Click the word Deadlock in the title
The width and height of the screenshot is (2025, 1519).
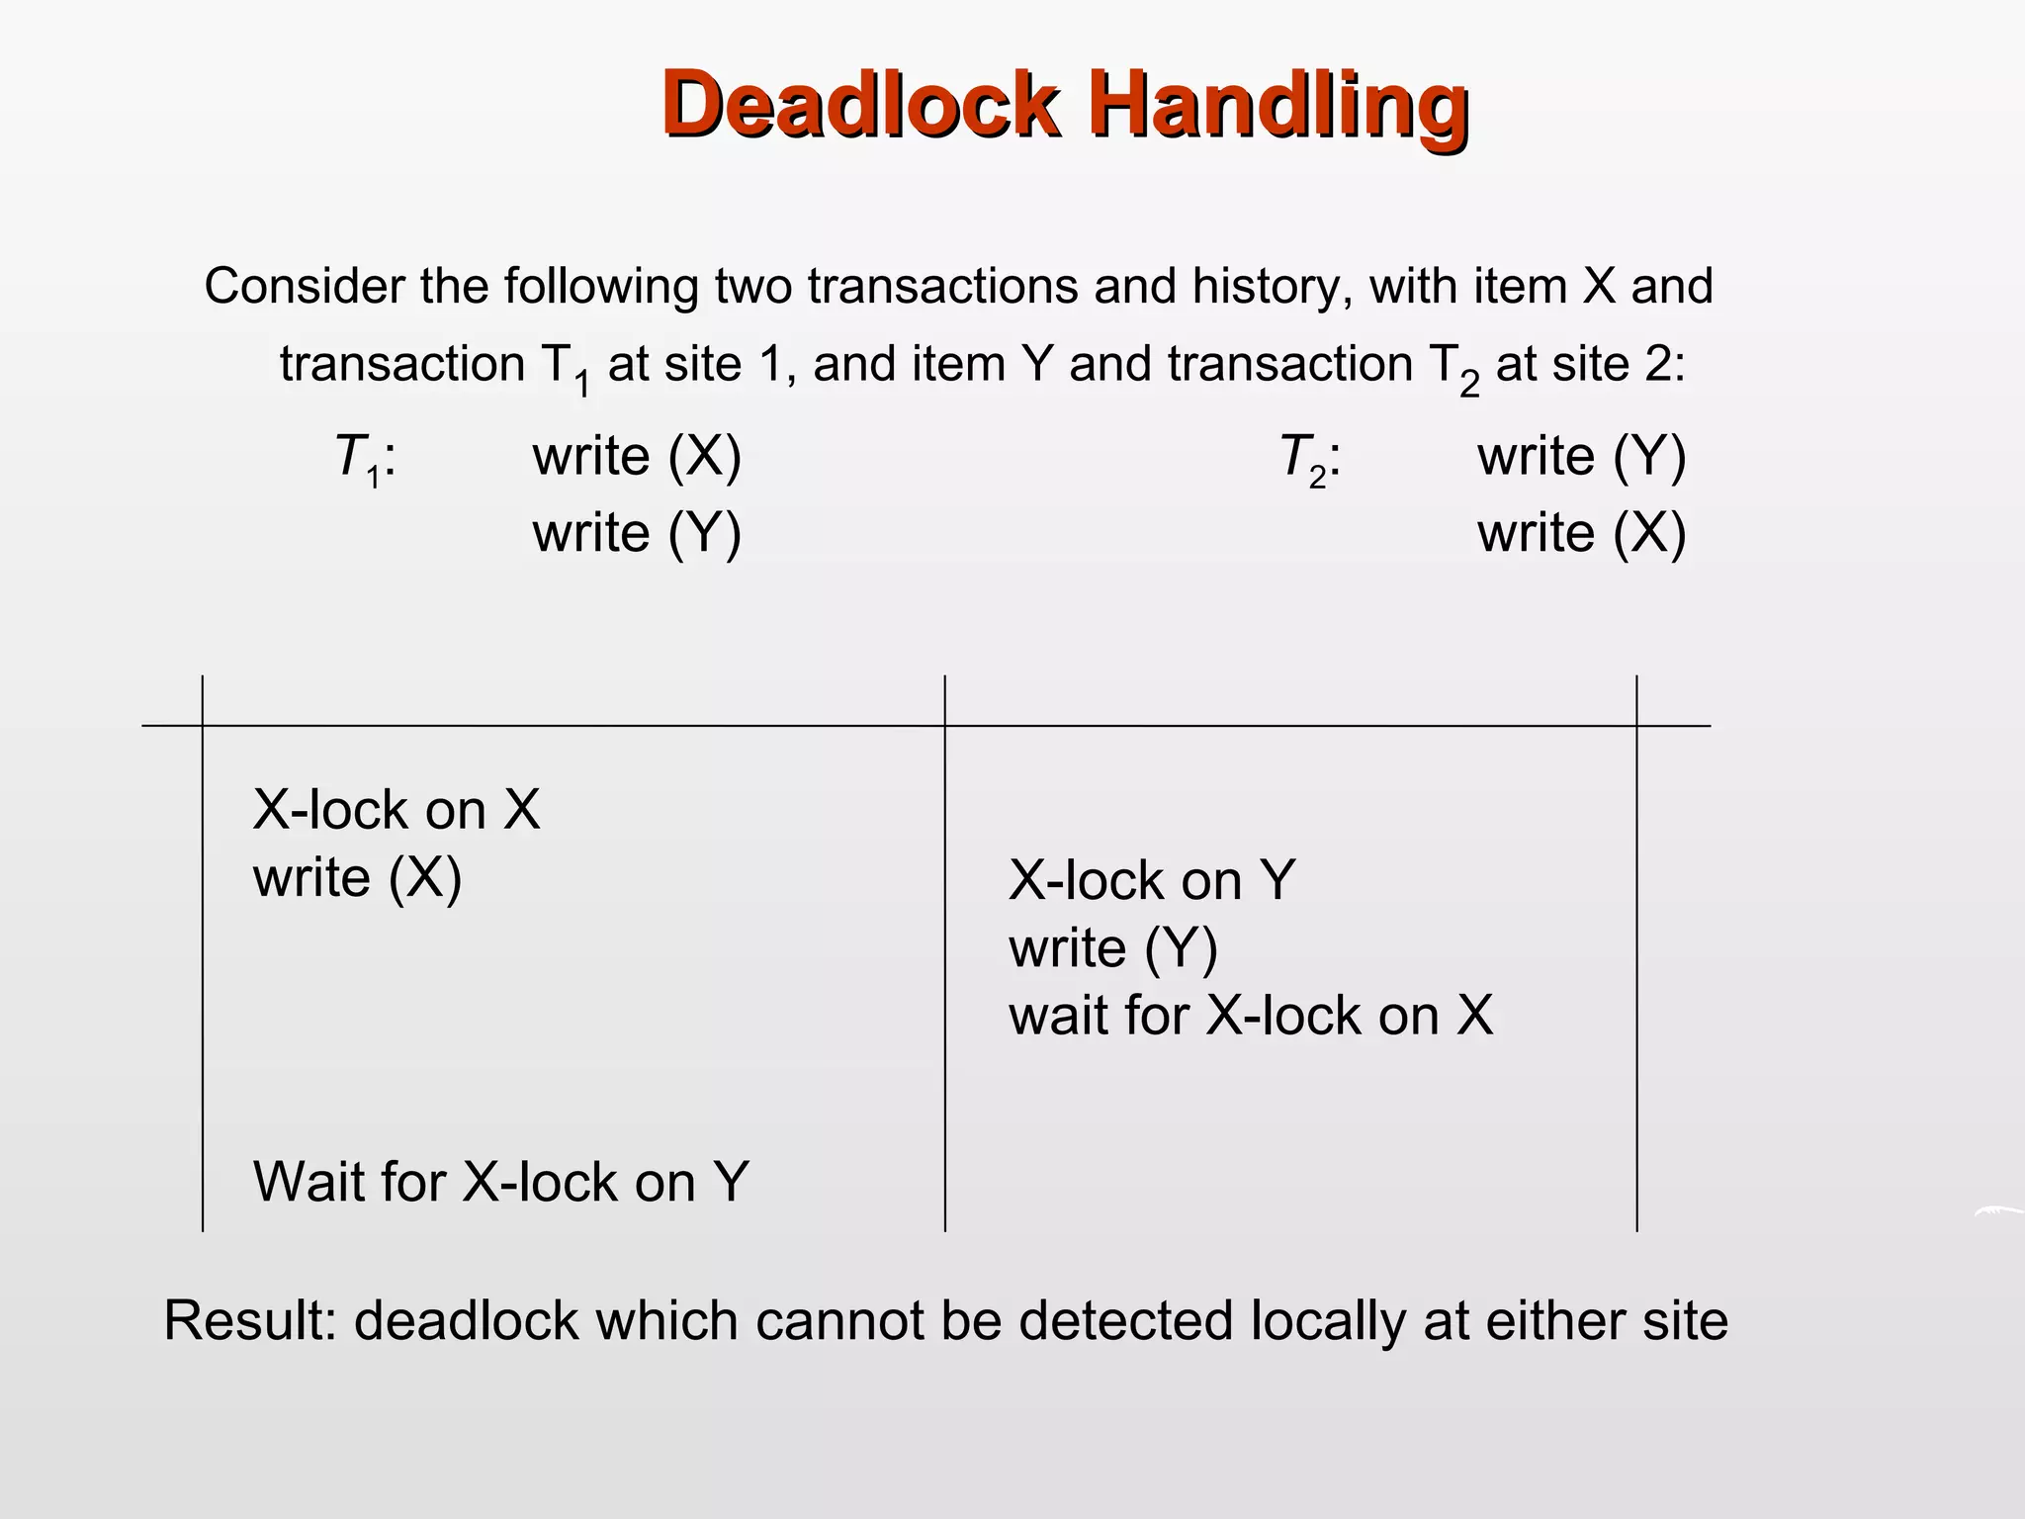[x=861, y=105]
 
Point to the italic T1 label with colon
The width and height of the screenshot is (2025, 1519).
[x=365, y=459]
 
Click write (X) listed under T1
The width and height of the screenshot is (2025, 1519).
[x=637, y=458]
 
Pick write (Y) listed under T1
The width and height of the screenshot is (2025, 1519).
[x=637, y=534]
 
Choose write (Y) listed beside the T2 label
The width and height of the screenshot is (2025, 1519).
[x=1581, y=458]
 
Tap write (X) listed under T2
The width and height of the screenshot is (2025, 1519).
[x=1581, y=534]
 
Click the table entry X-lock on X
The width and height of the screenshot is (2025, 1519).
[x=396, y=810]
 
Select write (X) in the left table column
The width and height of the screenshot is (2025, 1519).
[x=357, y=878]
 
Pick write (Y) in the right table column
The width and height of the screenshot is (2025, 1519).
[x=1113, y=948]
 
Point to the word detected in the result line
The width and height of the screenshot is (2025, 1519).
[x=1126, y=1321]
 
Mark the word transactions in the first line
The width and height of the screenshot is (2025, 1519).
[x=942, y=287]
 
